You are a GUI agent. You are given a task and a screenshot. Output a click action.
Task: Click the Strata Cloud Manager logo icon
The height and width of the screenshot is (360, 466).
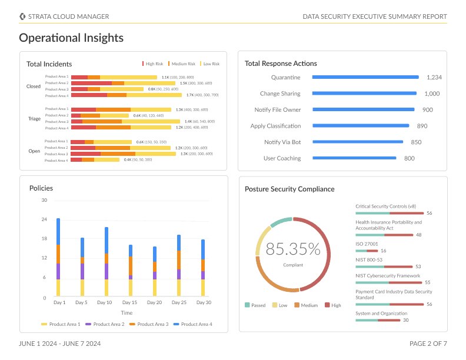click(x=22, y=16)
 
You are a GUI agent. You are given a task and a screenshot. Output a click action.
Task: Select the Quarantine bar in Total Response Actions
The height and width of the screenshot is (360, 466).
click(x=365, y=77)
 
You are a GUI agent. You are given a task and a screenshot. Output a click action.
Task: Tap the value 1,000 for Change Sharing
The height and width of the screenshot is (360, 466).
click(x=432, y=94)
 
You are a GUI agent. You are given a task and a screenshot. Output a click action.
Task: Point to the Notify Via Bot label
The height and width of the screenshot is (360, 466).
click(x=282, y=142)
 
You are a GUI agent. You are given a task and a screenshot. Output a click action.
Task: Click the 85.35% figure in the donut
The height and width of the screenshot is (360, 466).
click(x=293, y=249)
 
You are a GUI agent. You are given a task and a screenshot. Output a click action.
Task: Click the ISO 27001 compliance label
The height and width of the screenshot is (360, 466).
click(x=367, y=244)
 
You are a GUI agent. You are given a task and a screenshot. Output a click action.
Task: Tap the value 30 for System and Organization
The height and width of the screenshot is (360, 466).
click(x=405, y=320)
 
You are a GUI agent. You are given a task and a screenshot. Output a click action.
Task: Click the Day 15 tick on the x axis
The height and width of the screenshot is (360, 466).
click(x=130, y=302)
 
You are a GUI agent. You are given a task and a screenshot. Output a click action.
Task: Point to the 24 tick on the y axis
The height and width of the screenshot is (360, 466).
click(x=44, y=219)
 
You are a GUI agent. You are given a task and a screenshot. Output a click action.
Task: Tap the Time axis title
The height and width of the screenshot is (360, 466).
click(x=127, y=313)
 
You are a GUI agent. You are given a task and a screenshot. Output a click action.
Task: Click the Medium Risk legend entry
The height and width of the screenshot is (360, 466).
click(x=182, y=64)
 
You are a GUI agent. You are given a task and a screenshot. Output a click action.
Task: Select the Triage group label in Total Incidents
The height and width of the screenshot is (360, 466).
click(x=34, y=119)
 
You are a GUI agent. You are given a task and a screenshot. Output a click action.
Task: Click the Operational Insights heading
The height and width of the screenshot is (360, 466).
click(x=71, y=38)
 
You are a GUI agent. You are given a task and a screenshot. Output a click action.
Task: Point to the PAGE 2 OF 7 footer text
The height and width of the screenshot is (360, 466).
click(x=428, y=344)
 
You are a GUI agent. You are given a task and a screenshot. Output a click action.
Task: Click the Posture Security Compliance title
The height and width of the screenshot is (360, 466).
click(x=289, y=189)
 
